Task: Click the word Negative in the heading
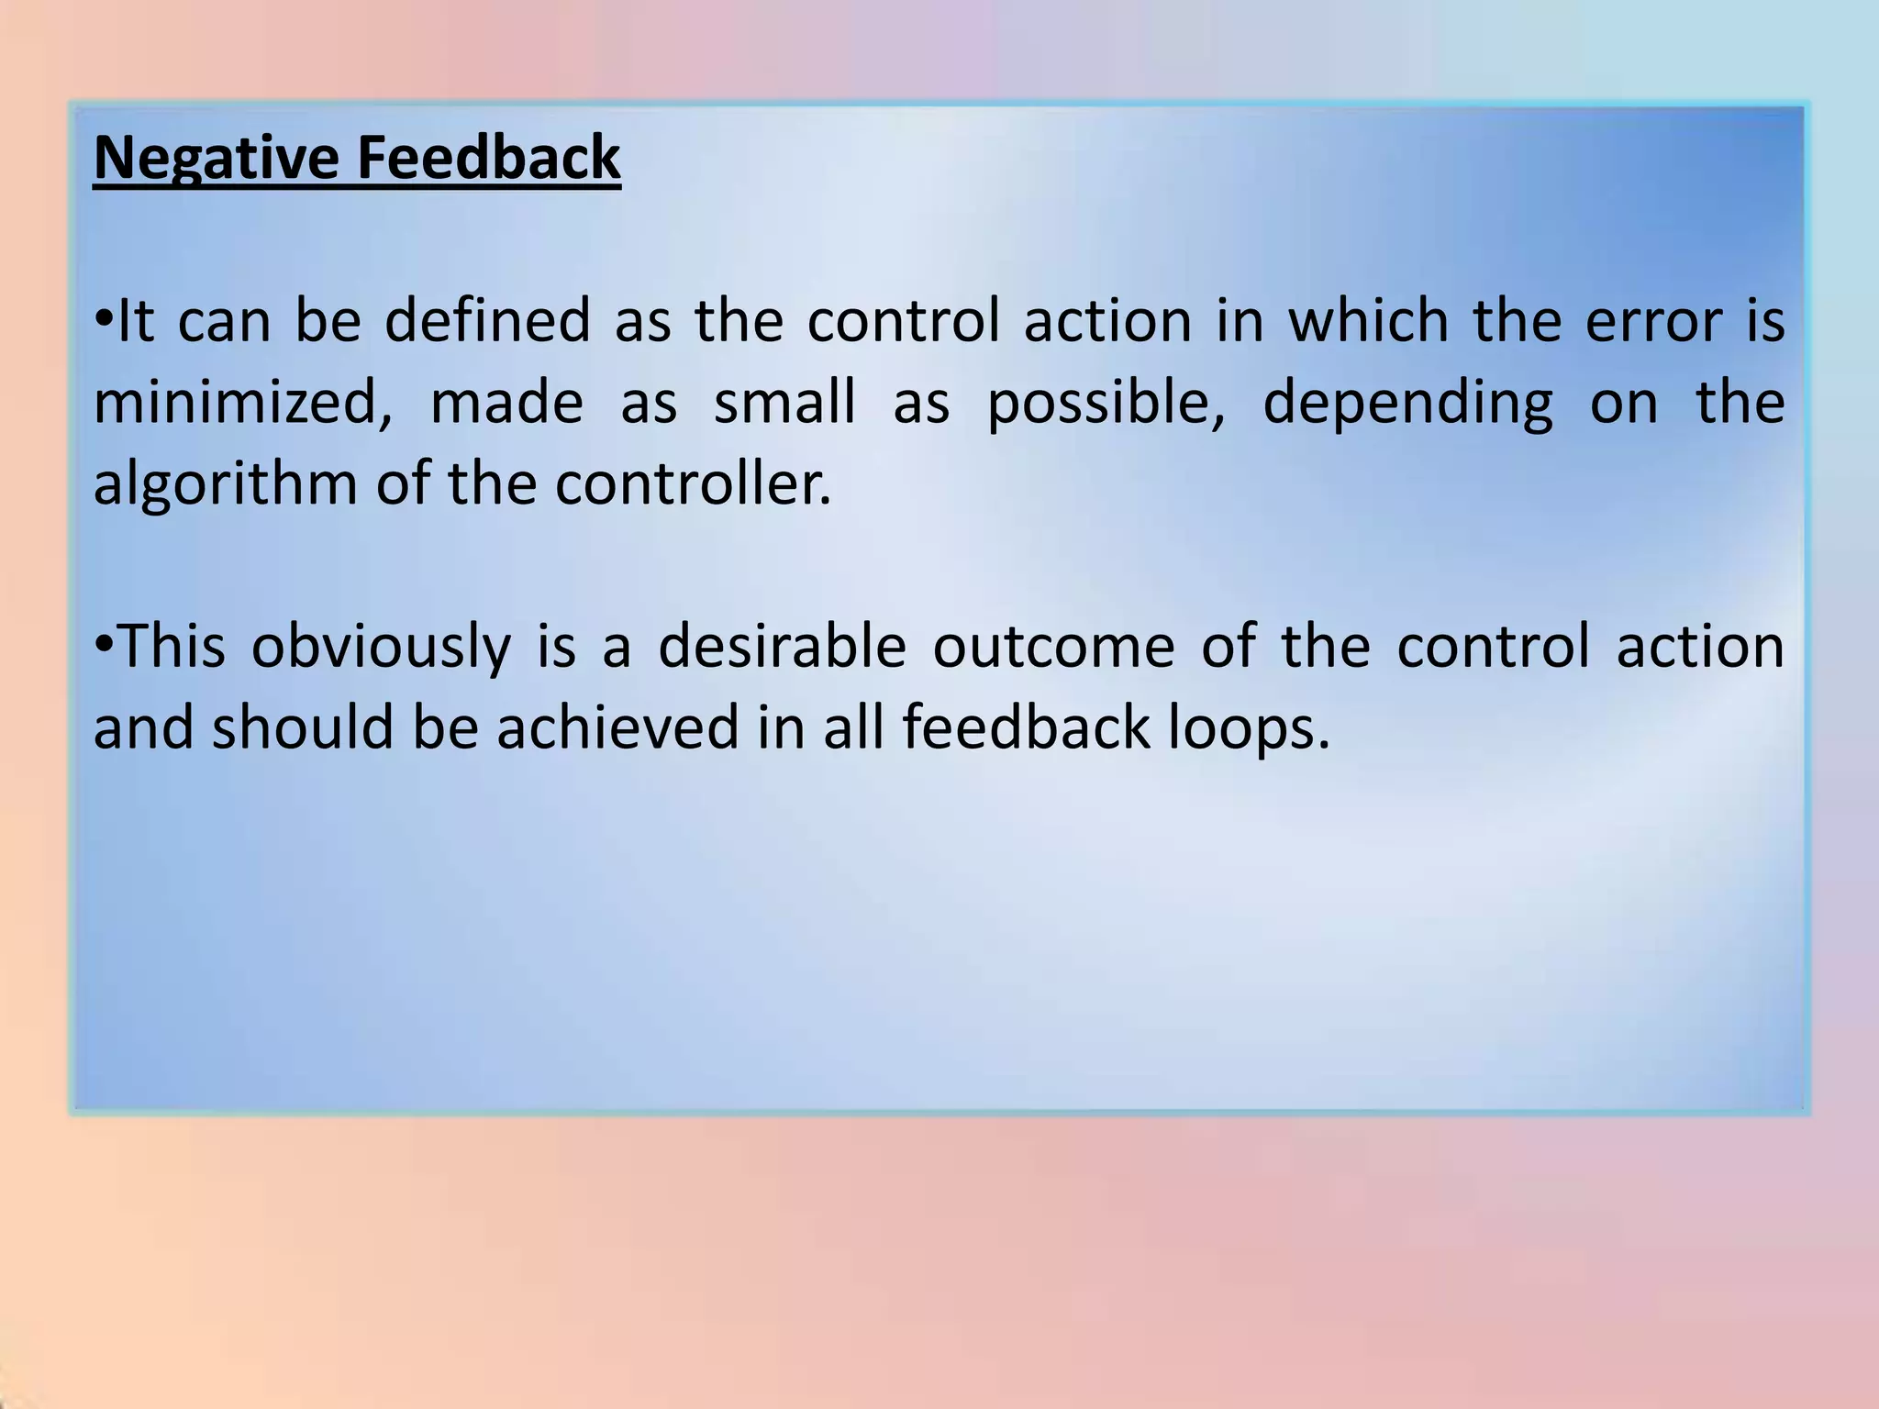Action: [217, 158]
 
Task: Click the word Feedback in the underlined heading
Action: [488, 158]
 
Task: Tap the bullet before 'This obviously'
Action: [104, 645]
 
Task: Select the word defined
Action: [487, 322]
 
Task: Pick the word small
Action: [785, 404]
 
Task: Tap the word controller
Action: [692, 484]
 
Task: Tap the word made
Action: [506, 404]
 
